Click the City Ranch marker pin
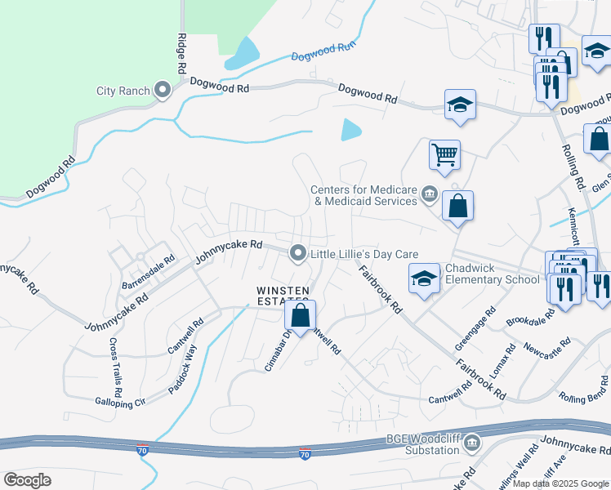[x=163, y=90]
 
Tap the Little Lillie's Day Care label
[x=364, y=254]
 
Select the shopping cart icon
[x=444, y=154]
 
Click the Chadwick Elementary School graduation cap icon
[x=424, y=278]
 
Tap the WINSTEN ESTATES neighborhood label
[x=283, y=296]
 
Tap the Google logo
[x=28, y=480]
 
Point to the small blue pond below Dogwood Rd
[x=351, y=129]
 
